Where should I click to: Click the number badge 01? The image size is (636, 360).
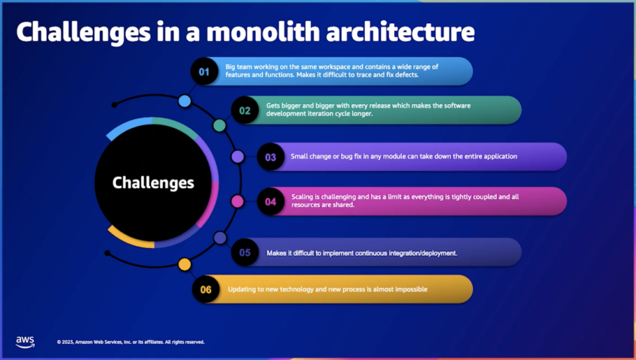point(205,72)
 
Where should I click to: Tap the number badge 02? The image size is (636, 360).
point(245,111)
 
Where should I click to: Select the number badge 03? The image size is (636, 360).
point(270,157)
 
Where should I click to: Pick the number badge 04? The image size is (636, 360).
point(270,202)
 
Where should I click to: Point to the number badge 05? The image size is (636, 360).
point(245,253)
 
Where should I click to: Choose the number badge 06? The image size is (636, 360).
point(206,290)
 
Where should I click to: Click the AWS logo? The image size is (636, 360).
point(25,341)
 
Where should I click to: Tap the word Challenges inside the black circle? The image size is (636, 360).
point(153,183)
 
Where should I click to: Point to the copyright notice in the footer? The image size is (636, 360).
point(131,342)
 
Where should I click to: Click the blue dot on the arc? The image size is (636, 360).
point(185,101)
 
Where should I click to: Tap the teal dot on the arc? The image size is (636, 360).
point(219,125)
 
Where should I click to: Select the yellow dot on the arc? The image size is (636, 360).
point(185,265)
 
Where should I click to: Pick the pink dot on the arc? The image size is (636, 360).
point(237,201)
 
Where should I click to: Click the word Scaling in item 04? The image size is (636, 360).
point(303,197)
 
